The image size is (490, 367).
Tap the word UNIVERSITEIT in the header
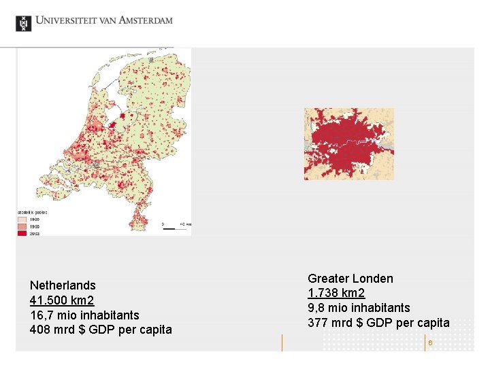click(65, 20)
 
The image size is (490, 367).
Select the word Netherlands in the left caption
click(63, 285)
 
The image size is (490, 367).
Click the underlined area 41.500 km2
click(62, 300)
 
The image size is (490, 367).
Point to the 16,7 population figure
click(40, 315)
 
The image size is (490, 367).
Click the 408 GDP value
click(40, 330)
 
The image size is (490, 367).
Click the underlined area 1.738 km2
click(336, 293)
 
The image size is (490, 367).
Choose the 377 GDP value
click(318, 323)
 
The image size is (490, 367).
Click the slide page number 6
click(430, 343)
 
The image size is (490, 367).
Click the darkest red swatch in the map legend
click(22, 233)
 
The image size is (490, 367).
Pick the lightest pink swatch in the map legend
click(22, 220)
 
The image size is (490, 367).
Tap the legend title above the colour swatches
click(32, 213)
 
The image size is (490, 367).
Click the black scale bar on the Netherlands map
click(174, 229)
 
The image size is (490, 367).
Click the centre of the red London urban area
click(347, 143)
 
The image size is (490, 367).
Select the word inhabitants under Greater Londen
click(378, 308)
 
